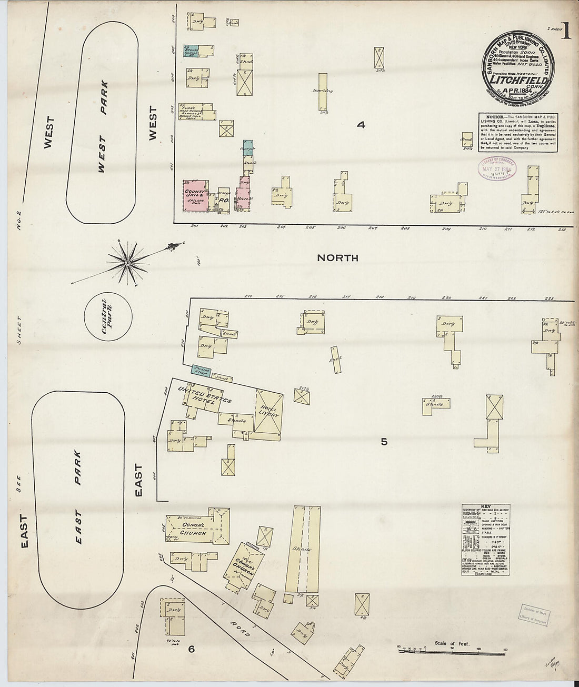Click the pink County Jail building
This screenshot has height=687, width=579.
tap(195, 196)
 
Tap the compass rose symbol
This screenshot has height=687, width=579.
tap(128, 262)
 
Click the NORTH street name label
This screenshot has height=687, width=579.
tap(338, 258)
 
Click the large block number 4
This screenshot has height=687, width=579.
tap(361, 125)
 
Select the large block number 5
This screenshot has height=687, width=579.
tap(384, 442)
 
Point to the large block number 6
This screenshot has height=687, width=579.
tap(192, 650)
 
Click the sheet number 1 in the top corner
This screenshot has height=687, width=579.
tap(566, 33)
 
